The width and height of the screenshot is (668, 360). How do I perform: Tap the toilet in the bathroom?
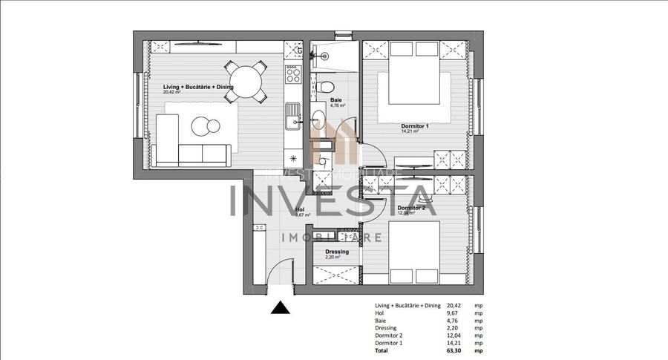pyautogui.click(x=327, y=87)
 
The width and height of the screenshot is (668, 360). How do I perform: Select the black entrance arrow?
pyautogui.click(x=280, y=308)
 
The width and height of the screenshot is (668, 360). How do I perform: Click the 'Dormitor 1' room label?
pyautogui.click(x=415, y=126)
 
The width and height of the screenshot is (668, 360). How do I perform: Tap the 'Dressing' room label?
pyautogui.click(x=337, y=252)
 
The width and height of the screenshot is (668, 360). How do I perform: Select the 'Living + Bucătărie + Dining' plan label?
pyautogui.click(x=198, y=87)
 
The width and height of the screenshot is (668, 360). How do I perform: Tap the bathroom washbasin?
pyautogui.click(x=318, y=119)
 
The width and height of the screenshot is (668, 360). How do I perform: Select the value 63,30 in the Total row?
pyautogui.click(x=454, y=350)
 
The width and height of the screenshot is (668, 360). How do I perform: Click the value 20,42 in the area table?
pyautogui.click(x=454, y=305)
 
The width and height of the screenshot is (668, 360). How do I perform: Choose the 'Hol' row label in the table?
pyautogui.click(x=380, y=312)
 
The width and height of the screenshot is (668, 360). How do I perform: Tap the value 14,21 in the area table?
pyautogui.click(x=454, y=342)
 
